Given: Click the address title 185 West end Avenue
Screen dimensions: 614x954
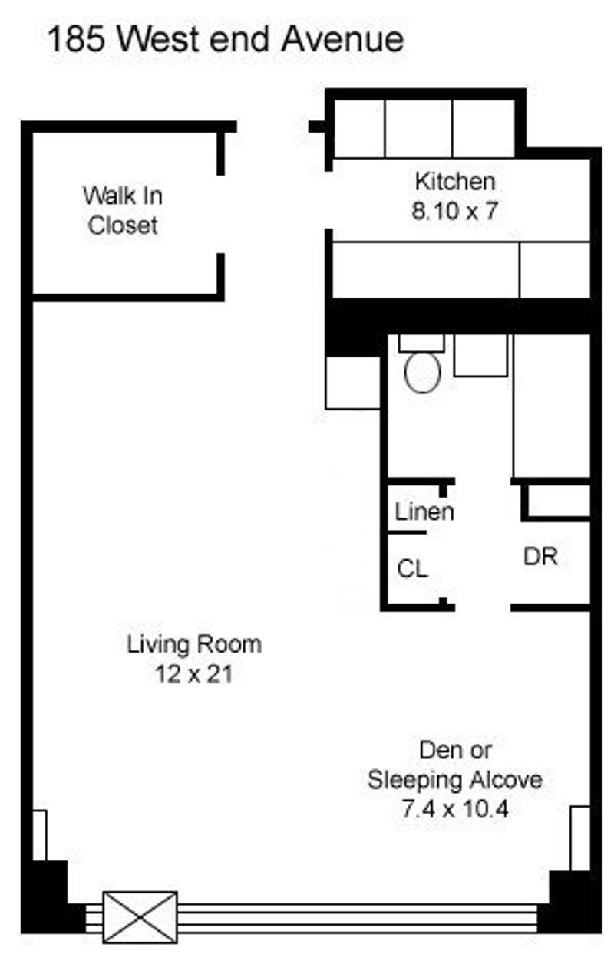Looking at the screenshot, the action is coord(226,40).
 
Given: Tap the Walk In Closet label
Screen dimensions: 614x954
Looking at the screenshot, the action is coord(123,210).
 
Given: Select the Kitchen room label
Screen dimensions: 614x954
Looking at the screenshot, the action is coord(455,182).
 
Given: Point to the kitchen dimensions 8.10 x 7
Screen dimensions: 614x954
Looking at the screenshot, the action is coord(454,211).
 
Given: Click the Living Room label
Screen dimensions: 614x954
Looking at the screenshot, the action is coord(194,644).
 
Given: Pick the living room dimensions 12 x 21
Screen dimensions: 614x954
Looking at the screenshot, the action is coord(194,674).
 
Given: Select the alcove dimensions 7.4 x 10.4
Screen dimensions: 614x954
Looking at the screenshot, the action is coord(455,809).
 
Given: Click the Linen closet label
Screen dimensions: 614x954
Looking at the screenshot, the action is coord(424,512).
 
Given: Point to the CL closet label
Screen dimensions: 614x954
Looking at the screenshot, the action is coord(412,568).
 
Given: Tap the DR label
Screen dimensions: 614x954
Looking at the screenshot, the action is coord(540,556).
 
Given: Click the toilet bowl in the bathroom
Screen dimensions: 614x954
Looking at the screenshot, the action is coord(422,373).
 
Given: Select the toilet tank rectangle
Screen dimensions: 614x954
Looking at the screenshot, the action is coord(421,343).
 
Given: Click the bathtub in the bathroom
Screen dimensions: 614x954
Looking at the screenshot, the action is coord(552,406).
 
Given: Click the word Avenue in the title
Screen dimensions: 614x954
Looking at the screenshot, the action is coord(342,40).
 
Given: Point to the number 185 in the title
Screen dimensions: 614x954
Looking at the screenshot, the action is coord(76,40).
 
